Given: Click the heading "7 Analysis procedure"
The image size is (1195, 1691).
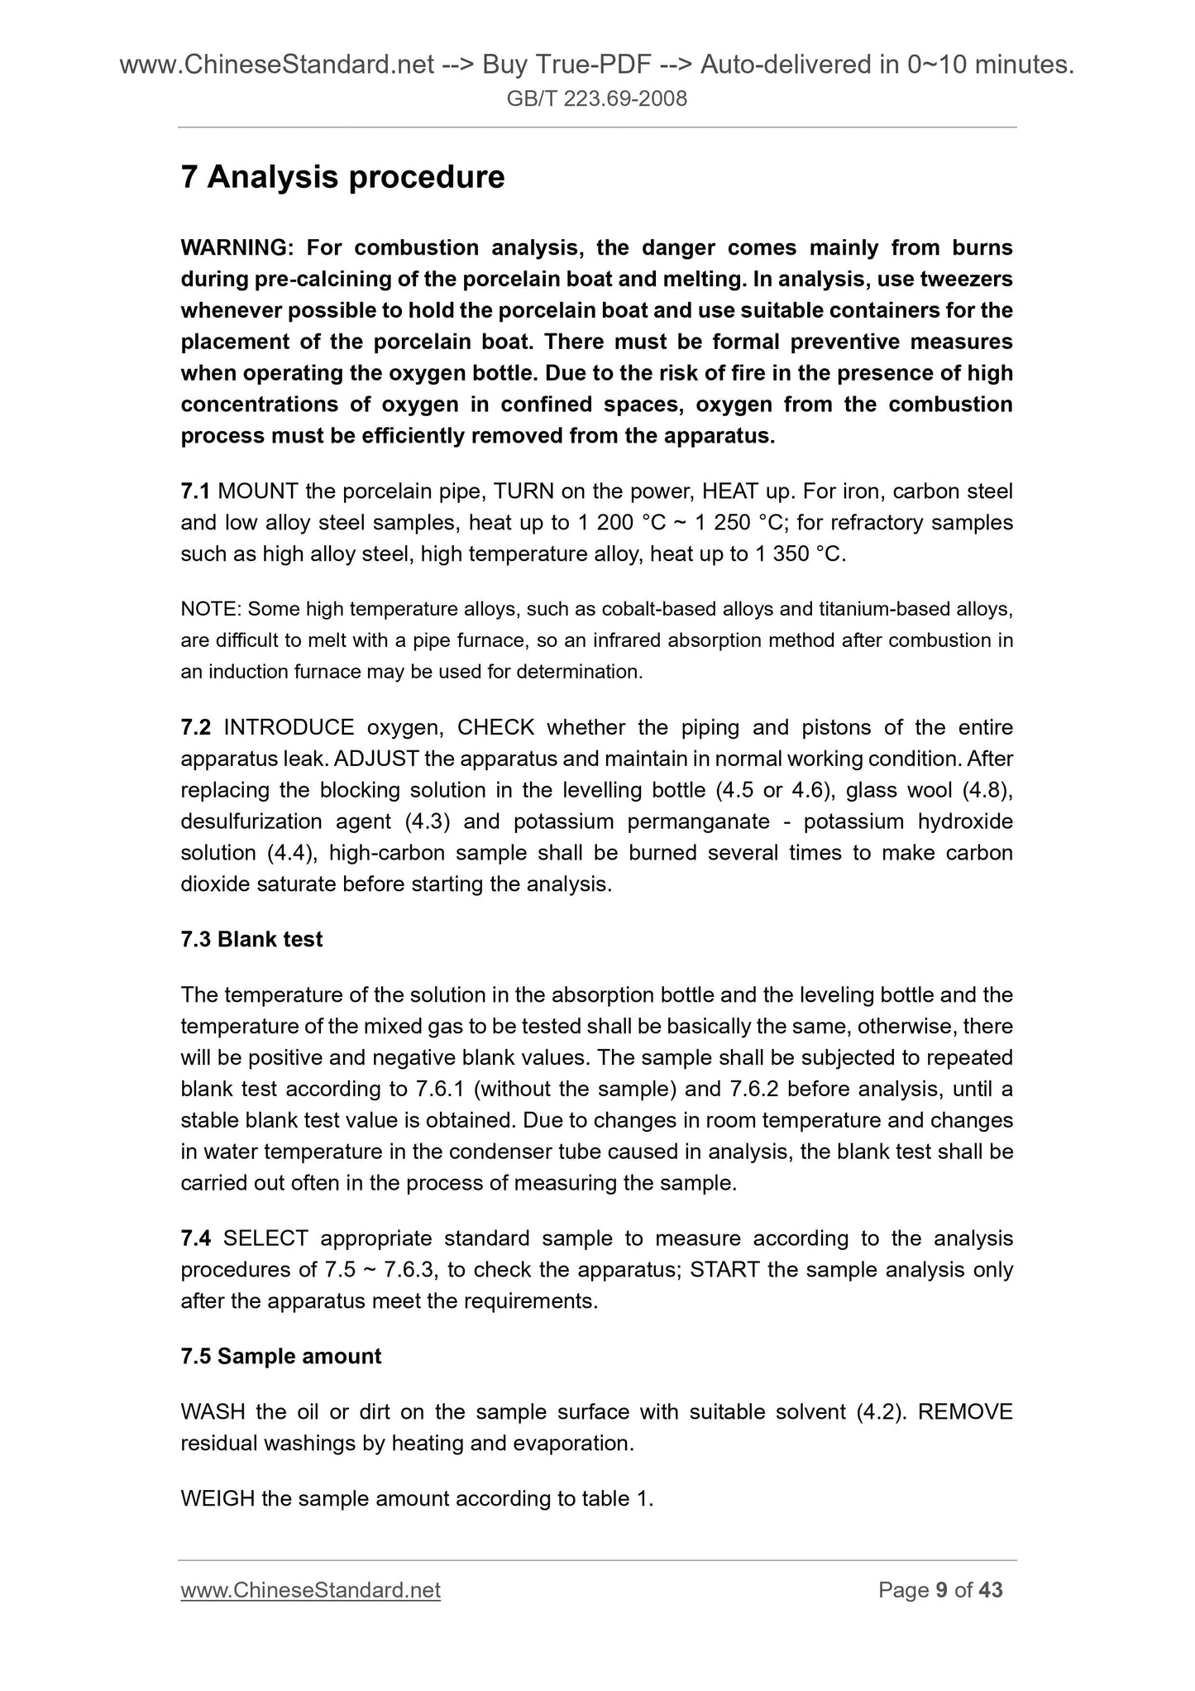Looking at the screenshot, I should [x=342, y=177].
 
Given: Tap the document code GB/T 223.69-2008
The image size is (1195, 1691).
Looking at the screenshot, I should [x=597, y=100].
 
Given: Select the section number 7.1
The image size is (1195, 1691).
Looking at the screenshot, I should [x=195, y=491].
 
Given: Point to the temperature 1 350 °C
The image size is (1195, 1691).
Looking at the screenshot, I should [x=799, y=553].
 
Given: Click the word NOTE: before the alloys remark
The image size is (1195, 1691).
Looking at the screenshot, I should [x=210, y=610].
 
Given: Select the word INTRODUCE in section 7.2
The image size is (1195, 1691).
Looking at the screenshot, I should [x=289, y=727].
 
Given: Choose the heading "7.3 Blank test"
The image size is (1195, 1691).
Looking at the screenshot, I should [x=251, y=940].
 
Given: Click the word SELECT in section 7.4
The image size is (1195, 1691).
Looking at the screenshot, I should [x=265, y=1238].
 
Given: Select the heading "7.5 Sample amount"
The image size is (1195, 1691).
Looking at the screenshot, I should [x=281, y=1357].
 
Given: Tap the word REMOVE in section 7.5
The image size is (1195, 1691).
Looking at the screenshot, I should [x=965, y=1412].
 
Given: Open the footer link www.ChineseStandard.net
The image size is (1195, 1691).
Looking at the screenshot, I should [x=310, y=1591].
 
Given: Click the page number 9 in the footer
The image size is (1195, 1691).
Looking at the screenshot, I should [x=940, y=1591].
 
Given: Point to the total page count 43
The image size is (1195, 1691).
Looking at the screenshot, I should [x=990, y=1591].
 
